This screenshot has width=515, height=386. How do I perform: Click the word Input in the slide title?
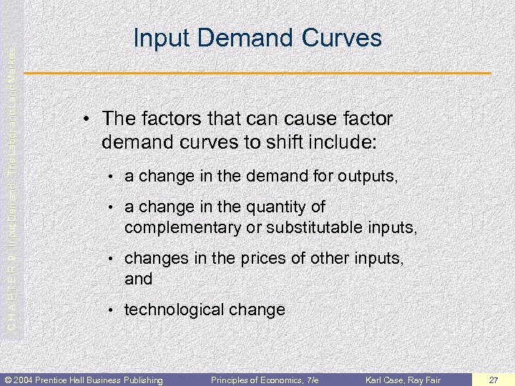[x=156, y=38]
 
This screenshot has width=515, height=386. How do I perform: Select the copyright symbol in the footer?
[x=7, y=380]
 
